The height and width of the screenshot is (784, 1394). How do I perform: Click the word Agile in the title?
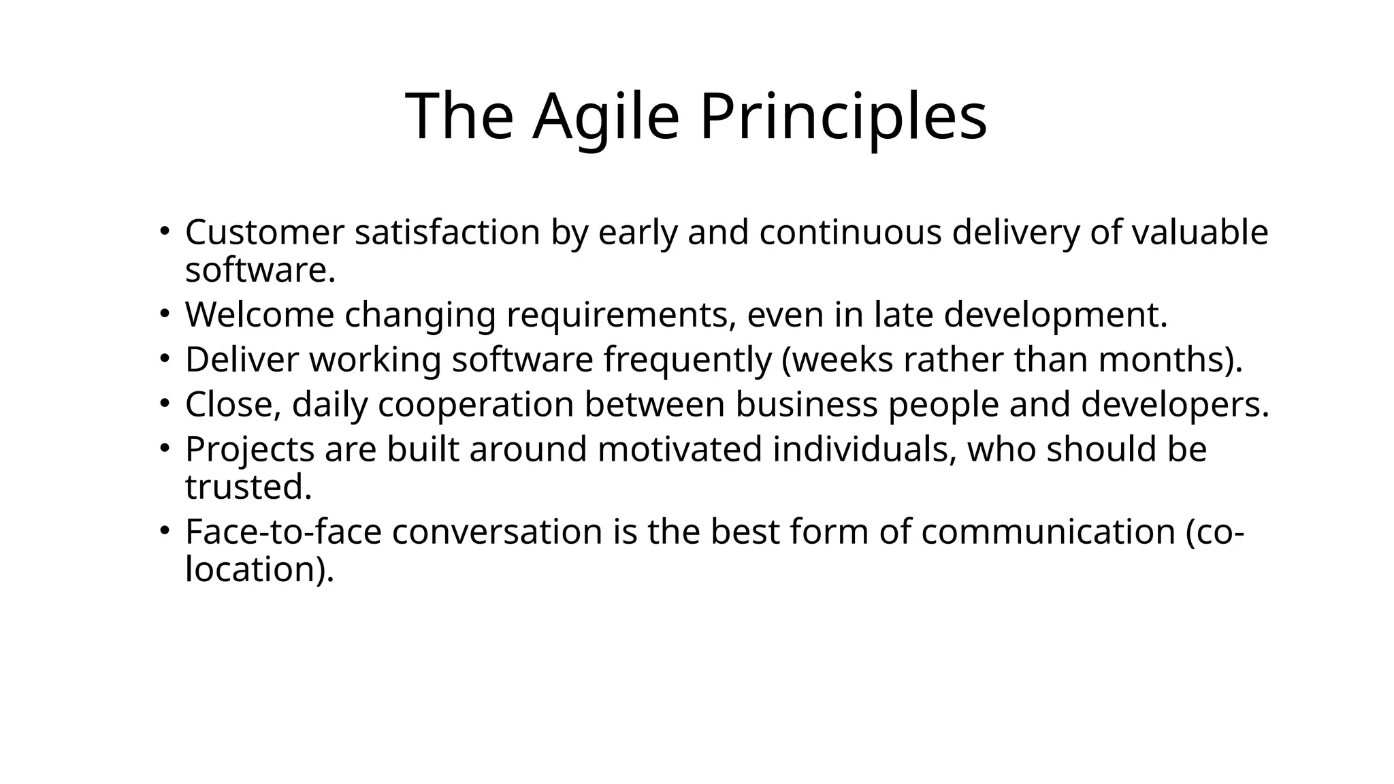point(606,117)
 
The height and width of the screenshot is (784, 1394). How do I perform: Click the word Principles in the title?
point(843,117)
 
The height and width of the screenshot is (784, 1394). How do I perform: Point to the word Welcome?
point(259,315)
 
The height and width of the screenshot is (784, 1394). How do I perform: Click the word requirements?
point(620,315)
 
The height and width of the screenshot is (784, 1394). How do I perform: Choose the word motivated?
point(679,449)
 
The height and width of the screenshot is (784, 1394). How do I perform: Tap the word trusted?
point(247,487)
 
